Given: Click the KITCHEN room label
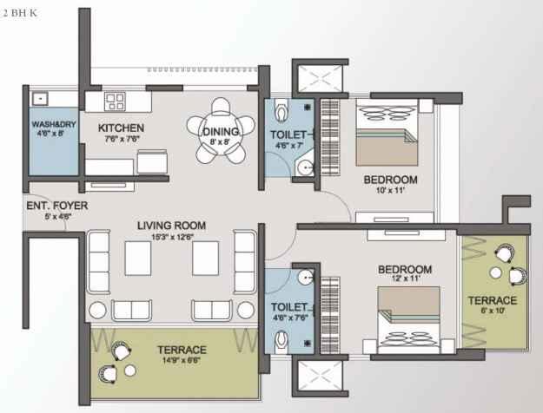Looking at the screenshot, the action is pyautogui.click(x=121, y=128).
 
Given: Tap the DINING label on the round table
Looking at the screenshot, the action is pyautogui.click(x=221, y=131).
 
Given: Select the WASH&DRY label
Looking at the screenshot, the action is pyautogui.click(x=54, y=124).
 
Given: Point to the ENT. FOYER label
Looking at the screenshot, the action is pyautogui.click(x=57, y=206).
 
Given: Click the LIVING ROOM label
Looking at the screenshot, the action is pyautogui.click(x=172, y=226).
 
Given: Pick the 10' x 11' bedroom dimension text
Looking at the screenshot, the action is pyautogui.click(x=391, y=190).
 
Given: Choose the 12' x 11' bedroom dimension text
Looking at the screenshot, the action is pyautogui.click(x=405, y=279).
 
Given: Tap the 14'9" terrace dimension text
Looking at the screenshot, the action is pyautogui.click(x=182, y=360).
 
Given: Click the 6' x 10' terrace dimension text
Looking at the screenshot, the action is pyautogui.click(x=493, y=311).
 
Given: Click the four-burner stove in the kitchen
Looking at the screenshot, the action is pyautogui.click(x=115, y=102).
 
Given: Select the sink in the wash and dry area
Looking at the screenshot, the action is pyautogui.click(x=41, y=99).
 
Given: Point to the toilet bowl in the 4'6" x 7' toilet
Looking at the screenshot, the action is pyautogui.click(x=281, y=109).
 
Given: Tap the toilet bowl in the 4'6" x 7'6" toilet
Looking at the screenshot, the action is pyautogui.click(x=281, y=341).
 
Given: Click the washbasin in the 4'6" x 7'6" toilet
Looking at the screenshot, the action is pyautogui.click(x=306, y=277).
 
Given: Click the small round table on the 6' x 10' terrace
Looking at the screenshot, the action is pyautogui.click(x=496, y=272).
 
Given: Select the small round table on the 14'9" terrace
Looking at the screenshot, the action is pyautogui.click(x=130, y=370).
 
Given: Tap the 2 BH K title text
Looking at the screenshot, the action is pyautogui.click(x=19, y=13).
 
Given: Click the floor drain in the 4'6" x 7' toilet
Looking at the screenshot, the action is pyautogui.click(x=308, y=108).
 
